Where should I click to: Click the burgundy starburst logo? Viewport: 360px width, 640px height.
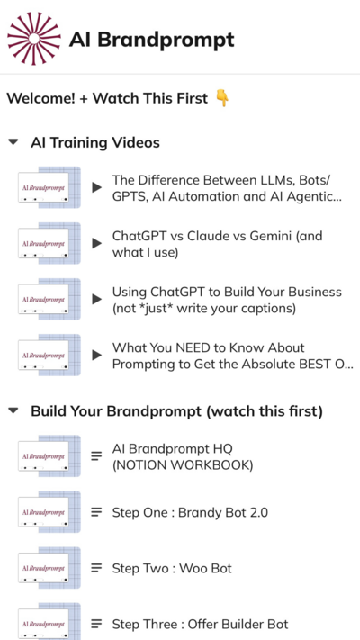point(34,39)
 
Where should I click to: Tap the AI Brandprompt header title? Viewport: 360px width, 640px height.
point(152,40)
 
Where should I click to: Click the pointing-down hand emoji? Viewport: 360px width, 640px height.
point(222,98)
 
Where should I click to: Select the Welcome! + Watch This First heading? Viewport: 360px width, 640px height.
point(107,98)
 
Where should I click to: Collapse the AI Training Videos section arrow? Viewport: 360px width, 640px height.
point(13,142)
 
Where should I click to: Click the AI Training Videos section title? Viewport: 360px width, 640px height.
point(95,142)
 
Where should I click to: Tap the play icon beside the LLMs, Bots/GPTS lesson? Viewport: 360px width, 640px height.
point(96,187)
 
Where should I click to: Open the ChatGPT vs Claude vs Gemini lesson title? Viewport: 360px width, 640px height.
point(217,244)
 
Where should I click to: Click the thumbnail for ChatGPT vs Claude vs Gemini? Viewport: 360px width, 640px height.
point(49,243)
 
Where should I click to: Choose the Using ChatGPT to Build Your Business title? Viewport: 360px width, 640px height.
point(227,300)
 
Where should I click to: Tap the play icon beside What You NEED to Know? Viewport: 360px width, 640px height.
point(96,355)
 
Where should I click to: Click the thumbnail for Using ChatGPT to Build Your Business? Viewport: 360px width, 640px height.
point(49,299)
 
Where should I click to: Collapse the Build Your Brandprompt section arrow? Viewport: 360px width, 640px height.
point(13,410)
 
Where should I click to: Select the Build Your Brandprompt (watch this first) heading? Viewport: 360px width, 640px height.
point(176,411)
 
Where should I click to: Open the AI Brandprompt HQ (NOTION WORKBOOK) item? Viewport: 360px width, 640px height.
point(183,456)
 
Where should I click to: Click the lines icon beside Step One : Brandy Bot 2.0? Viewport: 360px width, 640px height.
point(96,512)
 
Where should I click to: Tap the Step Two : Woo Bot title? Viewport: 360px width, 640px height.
point(172,568)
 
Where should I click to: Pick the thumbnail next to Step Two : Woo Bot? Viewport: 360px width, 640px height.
point(49,568)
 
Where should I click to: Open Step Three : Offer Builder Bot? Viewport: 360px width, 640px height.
point(200,624)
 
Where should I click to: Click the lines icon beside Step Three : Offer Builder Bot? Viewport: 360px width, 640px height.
point(96,624)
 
